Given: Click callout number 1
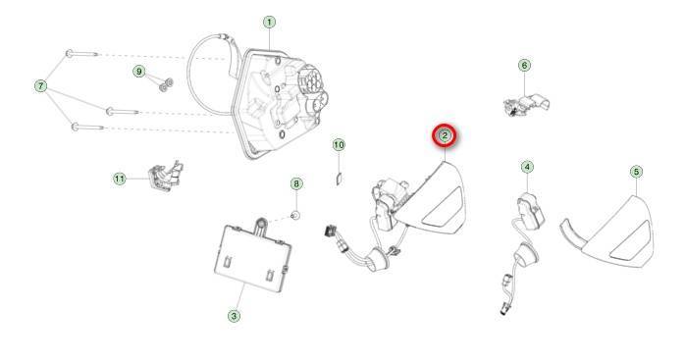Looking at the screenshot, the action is (269, 22).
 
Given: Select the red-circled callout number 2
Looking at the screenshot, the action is (445, 136).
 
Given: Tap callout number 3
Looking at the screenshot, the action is (234, 316).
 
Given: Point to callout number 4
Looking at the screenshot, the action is (527, 167).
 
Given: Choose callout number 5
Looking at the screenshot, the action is (636, 172).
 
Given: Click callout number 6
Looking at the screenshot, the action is (524, 66).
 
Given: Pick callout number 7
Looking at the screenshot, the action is (40, 85).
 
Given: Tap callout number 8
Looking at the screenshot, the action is (296, 183).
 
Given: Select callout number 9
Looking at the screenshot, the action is (139, 72).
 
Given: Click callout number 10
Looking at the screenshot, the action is (339, 145).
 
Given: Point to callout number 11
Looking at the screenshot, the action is (120, 179).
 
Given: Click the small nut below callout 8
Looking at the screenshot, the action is (295, 215).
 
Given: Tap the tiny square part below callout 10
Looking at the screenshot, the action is (339, 180).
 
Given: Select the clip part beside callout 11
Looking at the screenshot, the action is (166, 176).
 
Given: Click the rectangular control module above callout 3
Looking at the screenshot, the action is (252, 255).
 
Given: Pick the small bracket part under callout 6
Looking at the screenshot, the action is (527, 105).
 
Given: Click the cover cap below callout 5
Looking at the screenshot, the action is (608, 231).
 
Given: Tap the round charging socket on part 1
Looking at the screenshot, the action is (311, 82).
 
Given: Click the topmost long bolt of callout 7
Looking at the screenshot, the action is (82, 54).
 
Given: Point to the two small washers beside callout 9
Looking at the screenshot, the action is (166, 85).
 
